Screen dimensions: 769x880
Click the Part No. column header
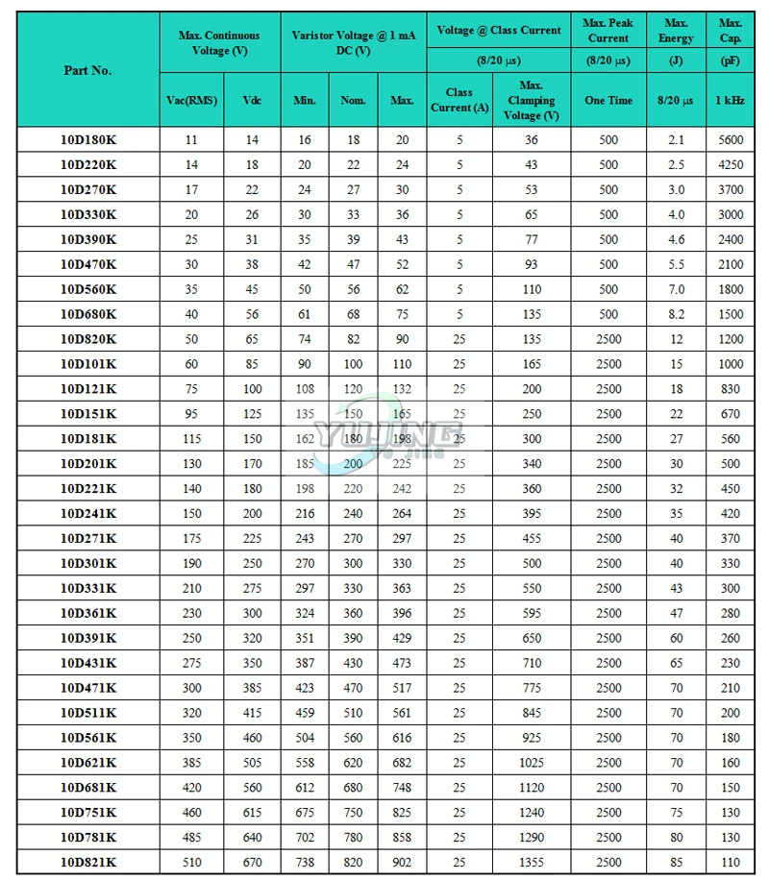point(88,70)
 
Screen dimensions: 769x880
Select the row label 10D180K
point(88,140)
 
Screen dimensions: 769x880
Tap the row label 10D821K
point(88,863)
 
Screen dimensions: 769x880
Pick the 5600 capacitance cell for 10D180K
point(731,140)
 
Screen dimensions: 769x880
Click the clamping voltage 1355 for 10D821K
point(532,863)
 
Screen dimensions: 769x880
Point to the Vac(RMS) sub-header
point(192,101)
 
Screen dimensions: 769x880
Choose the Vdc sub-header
point(252,101)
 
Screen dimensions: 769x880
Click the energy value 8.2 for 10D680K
point(677,314)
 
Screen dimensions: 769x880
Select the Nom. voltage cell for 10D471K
point(353,688)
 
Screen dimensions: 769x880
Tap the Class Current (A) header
point(459,101)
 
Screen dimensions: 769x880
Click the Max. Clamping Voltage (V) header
point(532,101)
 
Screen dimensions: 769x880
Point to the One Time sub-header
point(608,101)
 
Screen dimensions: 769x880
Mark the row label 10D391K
point(88,638)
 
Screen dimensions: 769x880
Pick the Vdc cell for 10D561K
point(252,738)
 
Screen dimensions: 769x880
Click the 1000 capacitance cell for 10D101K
point(731,364)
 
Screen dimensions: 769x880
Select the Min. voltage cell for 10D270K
point(305,190)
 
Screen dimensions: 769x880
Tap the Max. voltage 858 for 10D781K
point(402,838)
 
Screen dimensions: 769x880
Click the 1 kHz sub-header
point(731,101)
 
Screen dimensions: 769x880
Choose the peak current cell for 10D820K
point(608,339)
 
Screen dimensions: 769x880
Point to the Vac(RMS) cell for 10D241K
point(192,514)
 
